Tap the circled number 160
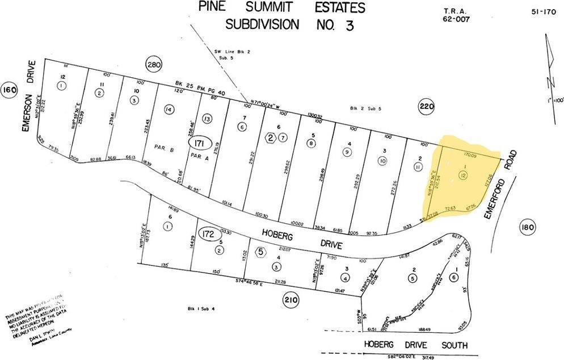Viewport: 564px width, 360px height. click(9, 90)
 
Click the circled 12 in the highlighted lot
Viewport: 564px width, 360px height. click(464, 176)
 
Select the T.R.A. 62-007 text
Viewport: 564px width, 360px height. click(458, 15)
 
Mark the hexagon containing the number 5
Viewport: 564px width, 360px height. click(260, 252)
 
